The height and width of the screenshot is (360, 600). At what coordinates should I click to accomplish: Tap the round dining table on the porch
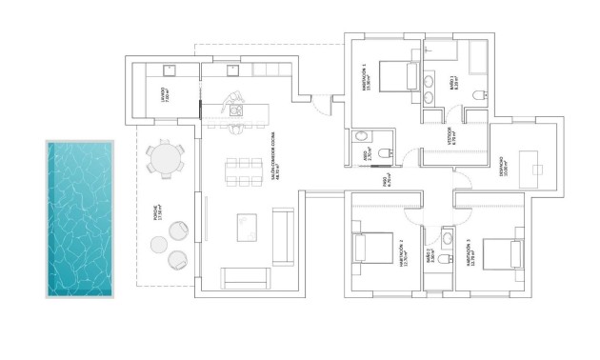click(168, 158)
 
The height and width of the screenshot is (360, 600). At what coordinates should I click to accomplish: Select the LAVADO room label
click(163, 95)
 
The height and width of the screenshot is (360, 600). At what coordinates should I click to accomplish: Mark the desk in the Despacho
click(539, 170)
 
